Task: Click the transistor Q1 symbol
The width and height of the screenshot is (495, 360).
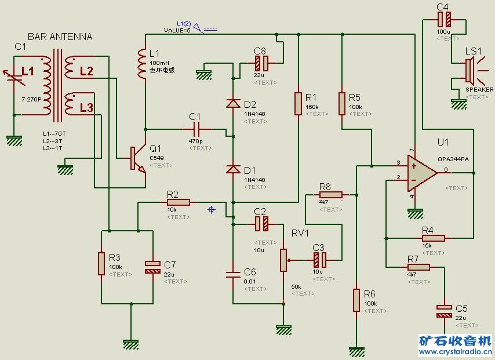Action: point(137,158)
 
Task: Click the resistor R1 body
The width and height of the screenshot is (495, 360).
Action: point(298,103)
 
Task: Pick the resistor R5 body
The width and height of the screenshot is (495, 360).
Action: point(342,103)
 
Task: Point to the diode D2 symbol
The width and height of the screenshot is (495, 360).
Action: point(233,104)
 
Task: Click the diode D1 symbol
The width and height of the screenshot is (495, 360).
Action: point(233,169)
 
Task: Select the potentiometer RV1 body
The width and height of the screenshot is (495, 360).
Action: point(283,260)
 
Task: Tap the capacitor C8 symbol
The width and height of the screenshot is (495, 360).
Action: point(261,63)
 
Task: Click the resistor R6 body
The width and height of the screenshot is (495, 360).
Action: point(356,300)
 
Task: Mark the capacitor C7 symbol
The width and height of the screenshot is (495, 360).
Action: point(152,267)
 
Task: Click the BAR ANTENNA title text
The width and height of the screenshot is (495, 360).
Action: point(60,37)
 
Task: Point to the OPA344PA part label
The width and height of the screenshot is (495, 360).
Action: point(453,158)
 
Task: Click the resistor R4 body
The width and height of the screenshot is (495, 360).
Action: point(433,238)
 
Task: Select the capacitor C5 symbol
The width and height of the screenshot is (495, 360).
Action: point(444,311)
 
